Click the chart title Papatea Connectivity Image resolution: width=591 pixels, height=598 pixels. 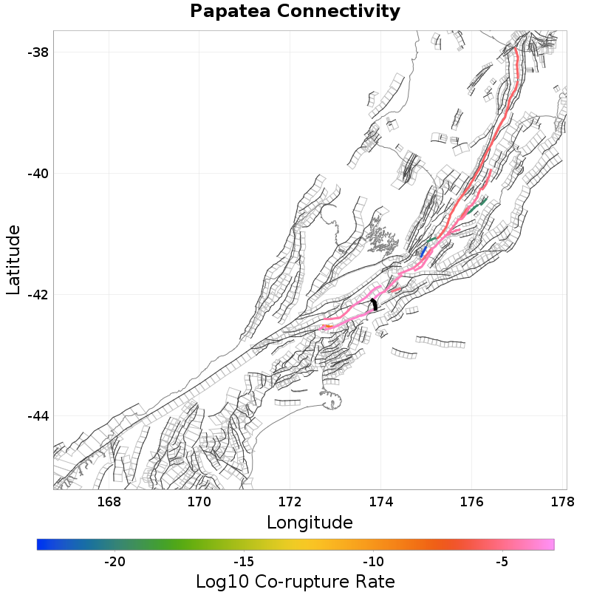(295, 11)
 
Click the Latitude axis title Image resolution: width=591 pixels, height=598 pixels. (13, 260)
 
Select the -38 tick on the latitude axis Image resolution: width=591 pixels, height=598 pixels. (38, 52)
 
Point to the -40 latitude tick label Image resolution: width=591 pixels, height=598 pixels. (38, 174)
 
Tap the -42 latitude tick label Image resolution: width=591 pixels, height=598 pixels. (38, 295)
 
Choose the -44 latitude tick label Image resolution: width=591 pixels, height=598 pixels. (38, 416)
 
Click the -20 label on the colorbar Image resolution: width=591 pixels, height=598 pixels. (115, 562)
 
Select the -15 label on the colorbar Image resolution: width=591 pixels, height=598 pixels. (244, 562)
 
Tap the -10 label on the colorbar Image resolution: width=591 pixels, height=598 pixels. (373, 562)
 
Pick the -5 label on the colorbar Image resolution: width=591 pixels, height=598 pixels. (502, 562)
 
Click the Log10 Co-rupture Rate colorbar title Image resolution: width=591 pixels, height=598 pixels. (295, 581)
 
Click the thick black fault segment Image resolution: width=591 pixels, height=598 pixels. (375, 304)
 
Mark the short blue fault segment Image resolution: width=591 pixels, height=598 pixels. (423, 253)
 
